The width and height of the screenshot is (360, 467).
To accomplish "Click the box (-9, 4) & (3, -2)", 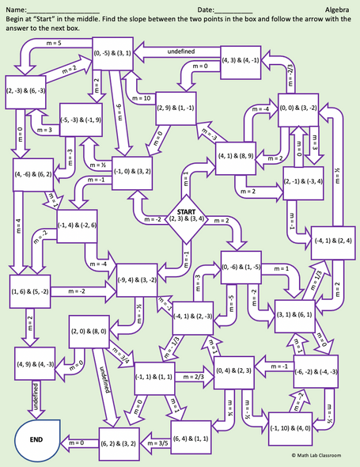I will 143,279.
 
